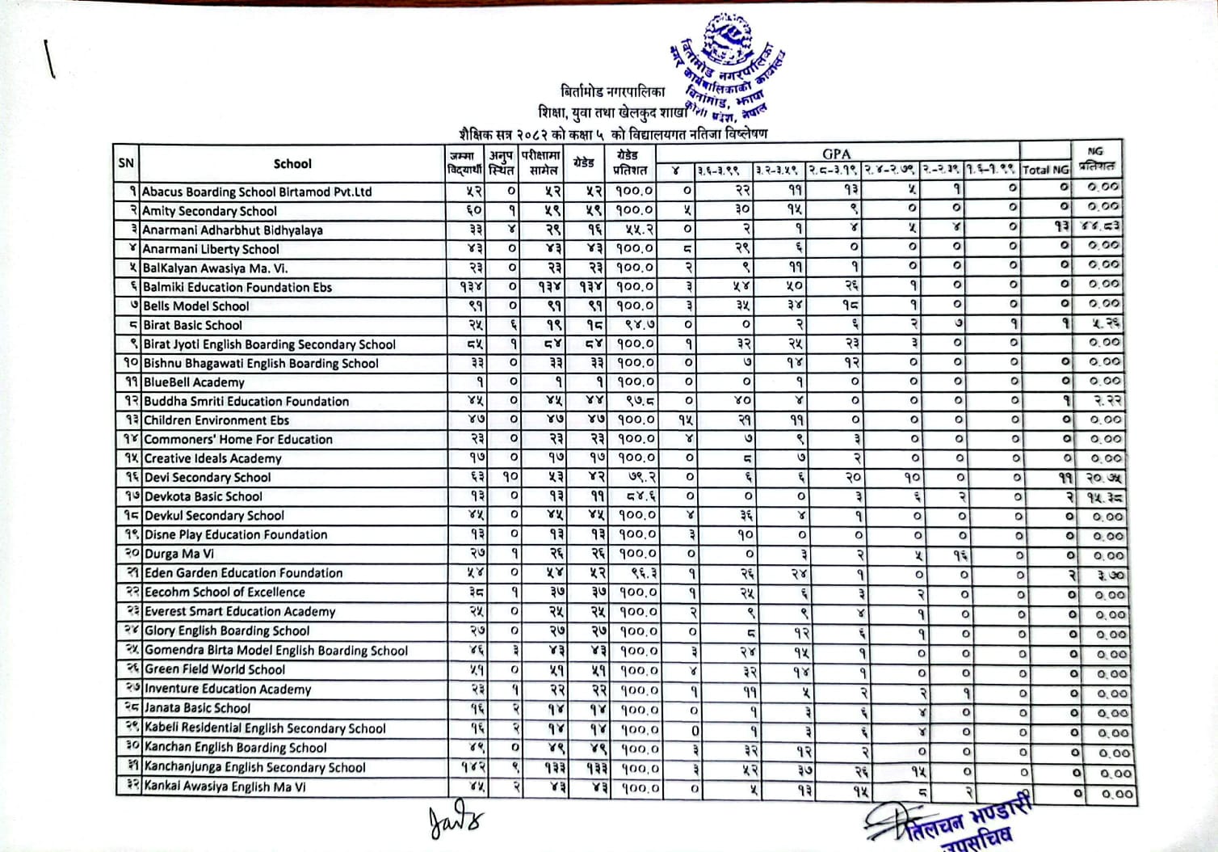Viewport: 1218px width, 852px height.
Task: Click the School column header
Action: coord(292,163)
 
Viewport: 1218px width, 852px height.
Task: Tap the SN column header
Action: coord(126,163)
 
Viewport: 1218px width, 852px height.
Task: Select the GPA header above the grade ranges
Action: coord(836,154)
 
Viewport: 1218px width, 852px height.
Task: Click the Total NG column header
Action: coord(1044,170)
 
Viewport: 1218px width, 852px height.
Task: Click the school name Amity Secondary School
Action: coord(209,211)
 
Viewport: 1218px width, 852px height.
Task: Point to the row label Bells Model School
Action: coord(196,306)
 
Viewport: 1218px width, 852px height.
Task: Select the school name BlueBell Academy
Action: coord(194,382)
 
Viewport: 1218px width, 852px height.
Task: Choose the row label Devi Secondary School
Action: coord(208,478)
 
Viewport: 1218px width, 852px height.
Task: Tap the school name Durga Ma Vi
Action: coord(179,554)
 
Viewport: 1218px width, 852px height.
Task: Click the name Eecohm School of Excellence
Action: coord(225,592)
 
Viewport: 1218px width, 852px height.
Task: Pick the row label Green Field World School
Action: coord(215,669)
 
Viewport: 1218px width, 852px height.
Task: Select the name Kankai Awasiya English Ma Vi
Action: coord(225,787)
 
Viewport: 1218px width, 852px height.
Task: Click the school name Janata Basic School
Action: coord(198,708)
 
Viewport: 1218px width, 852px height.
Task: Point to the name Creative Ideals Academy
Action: coord(213,458)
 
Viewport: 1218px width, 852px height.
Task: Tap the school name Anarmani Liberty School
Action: coord(211,249)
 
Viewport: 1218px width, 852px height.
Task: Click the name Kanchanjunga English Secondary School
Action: coord(255,767)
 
